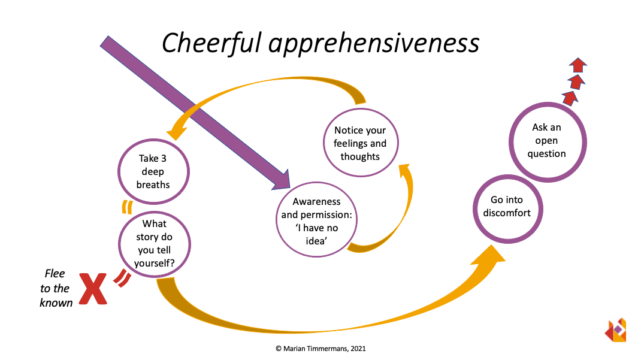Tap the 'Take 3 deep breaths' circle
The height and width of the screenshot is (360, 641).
[153, 171]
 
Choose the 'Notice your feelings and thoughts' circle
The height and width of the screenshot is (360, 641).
[360, 144]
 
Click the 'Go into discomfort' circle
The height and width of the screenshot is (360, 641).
[510, 206]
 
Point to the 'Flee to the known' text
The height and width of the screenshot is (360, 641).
[55, 288]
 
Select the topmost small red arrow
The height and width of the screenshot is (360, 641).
[577, 65]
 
